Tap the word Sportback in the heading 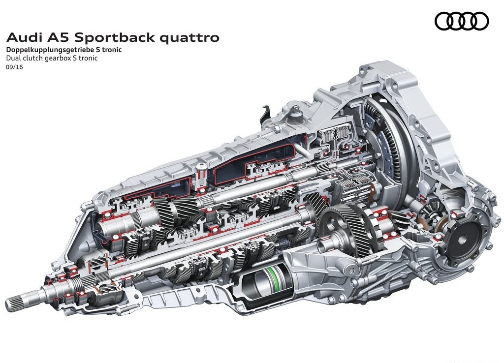[x=115, y=37]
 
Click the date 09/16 [x=14, y=67]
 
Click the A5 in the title [x=61, y=37]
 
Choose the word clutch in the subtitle [x=32, y=59]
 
